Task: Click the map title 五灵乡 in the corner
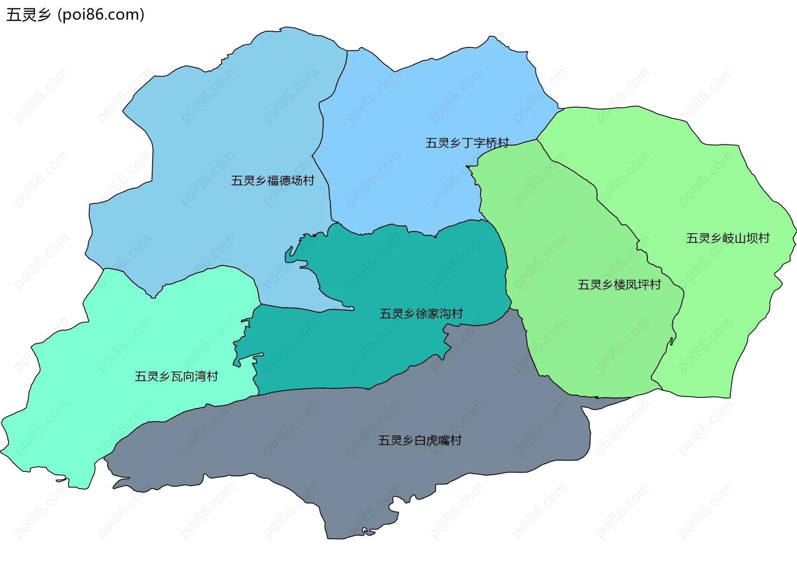(x=28, y=15)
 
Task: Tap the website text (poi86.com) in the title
(x=101, y=15)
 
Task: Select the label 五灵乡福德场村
(x=273, y=181)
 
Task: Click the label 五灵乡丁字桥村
(x=467, y=143)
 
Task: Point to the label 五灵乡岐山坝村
(x=728, y=238)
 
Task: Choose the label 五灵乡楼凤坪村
(x=619, y=285)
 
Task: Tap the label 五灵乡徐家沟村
(x=421, y=314)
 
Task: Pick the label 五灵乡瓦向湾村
(x=176, y=377)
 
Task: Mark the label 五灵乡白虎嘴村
(x=420, y=441)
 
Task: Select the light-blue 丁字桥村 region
(x=415, y=104)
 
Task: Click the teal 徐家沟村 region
(x=374, y=270)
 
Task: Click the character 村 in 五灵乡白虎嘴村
(x=456, y=441)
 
